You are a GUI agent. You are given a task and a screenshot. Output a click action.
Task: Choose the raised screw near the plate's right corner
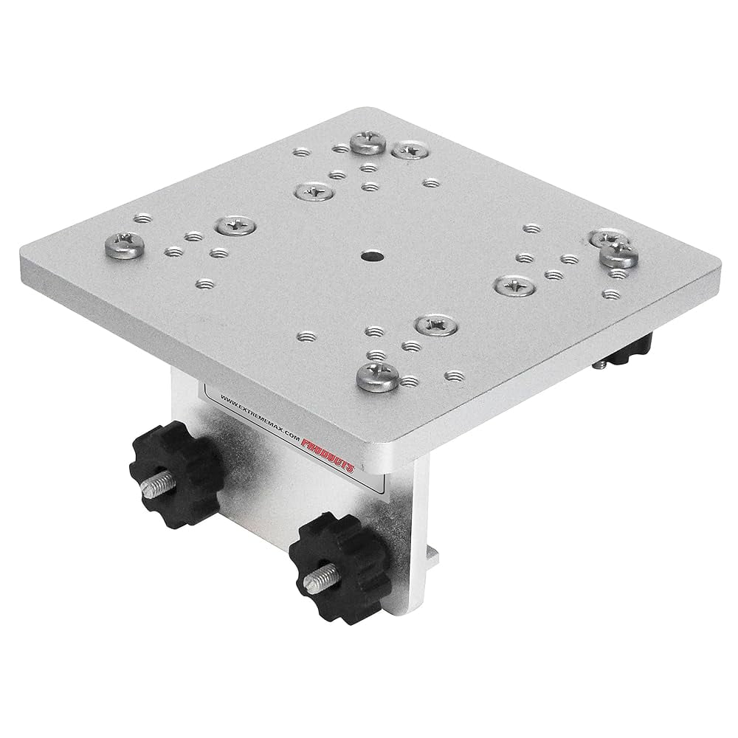click(617, 256)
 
